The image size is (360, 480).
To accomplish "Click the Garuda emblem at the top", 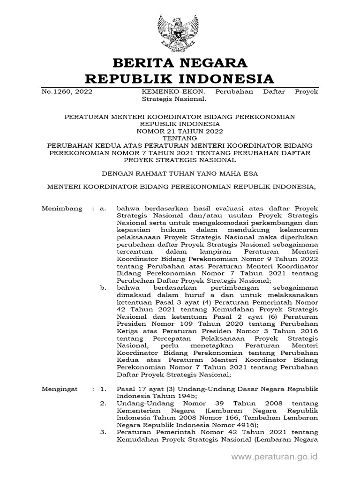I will click(180, 32).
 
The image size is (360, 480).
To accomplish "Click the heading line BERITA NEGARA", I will click(180, 62).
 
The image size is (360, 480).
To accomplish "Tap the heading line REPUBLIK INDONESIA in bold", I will click(180, 77).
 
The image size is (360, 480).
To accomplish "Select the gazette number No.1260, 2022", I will click(67, 91).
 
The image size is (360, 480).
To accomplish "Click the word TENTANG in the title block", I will click(180, 139).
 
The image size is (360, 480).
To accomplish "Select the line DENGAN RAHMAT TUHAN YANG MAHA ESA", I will click(180, 173).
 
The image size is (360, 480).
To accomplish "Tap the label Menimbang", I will click(62, 208).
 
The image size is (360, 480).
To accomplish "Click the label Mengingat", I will click(60, 390).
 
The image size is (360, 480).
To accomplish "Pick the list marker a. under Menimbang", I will click(104, 208).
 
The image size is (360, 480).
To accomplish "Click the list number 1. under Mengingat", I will click(104, 390).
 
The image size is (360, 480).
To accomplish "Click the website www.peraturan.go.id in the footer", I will click(275, 456).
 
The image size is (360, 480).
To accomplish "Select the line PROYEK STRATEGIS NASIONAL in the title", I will click(180, 159).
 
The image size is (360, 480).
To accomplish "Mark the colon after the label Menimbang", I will click(93, 208).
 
